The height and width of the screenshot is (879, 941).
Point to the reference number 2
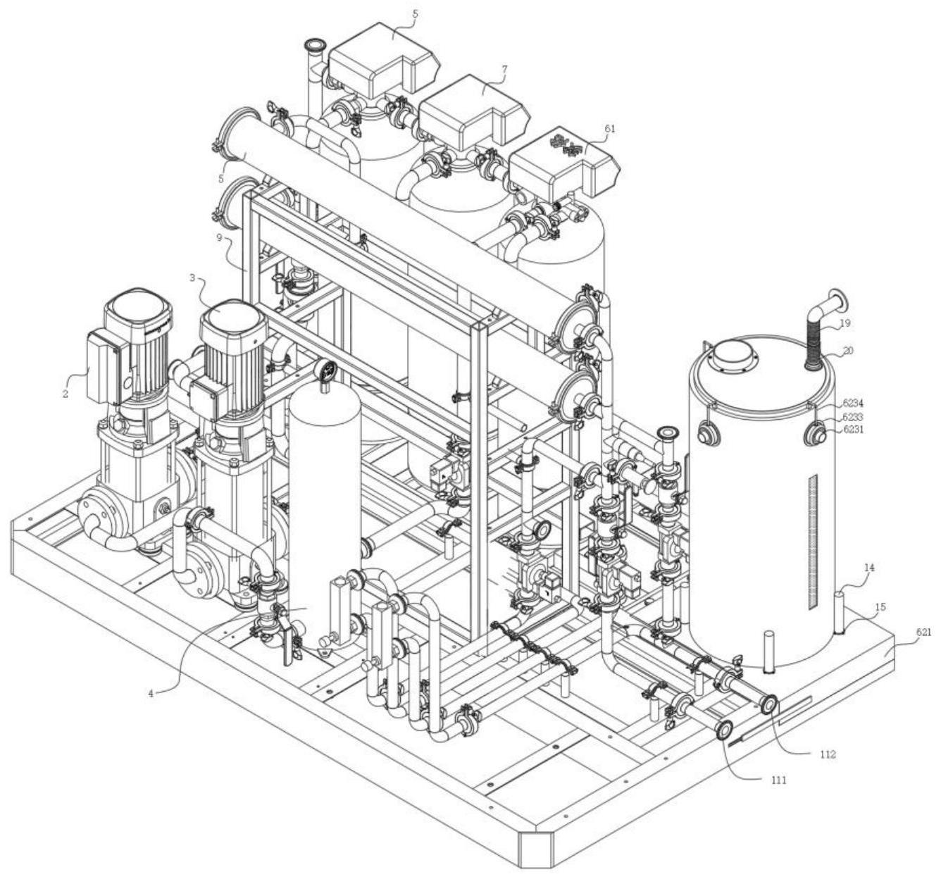66,393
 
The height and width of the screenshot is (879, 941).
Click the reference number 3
192,278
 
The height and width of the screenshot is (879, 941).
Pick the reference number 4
151,693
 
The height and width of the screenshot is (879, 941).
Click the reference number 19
845,323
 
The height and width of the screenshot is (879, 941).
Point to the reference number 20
849,350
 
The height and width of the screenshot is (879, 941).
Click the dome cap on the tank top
733,355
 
